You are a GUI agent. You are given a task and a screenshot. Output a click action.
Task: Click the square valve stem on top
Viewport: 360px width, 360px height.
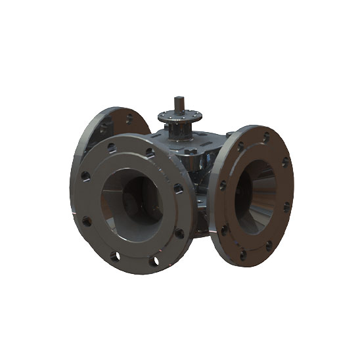coord(179,106)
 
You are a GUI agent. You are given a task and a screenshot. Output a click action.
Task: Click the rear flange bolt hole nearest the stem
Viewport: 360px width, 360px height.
coord(129,119)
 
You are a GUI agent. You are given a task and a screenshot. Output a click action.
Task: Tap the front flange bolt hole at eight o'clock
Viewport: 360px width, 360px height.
coord(85,221)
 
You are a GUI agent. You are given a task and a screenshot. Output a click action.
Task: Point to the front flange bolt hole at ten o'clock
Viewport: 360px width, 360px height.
coord(85,175)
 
